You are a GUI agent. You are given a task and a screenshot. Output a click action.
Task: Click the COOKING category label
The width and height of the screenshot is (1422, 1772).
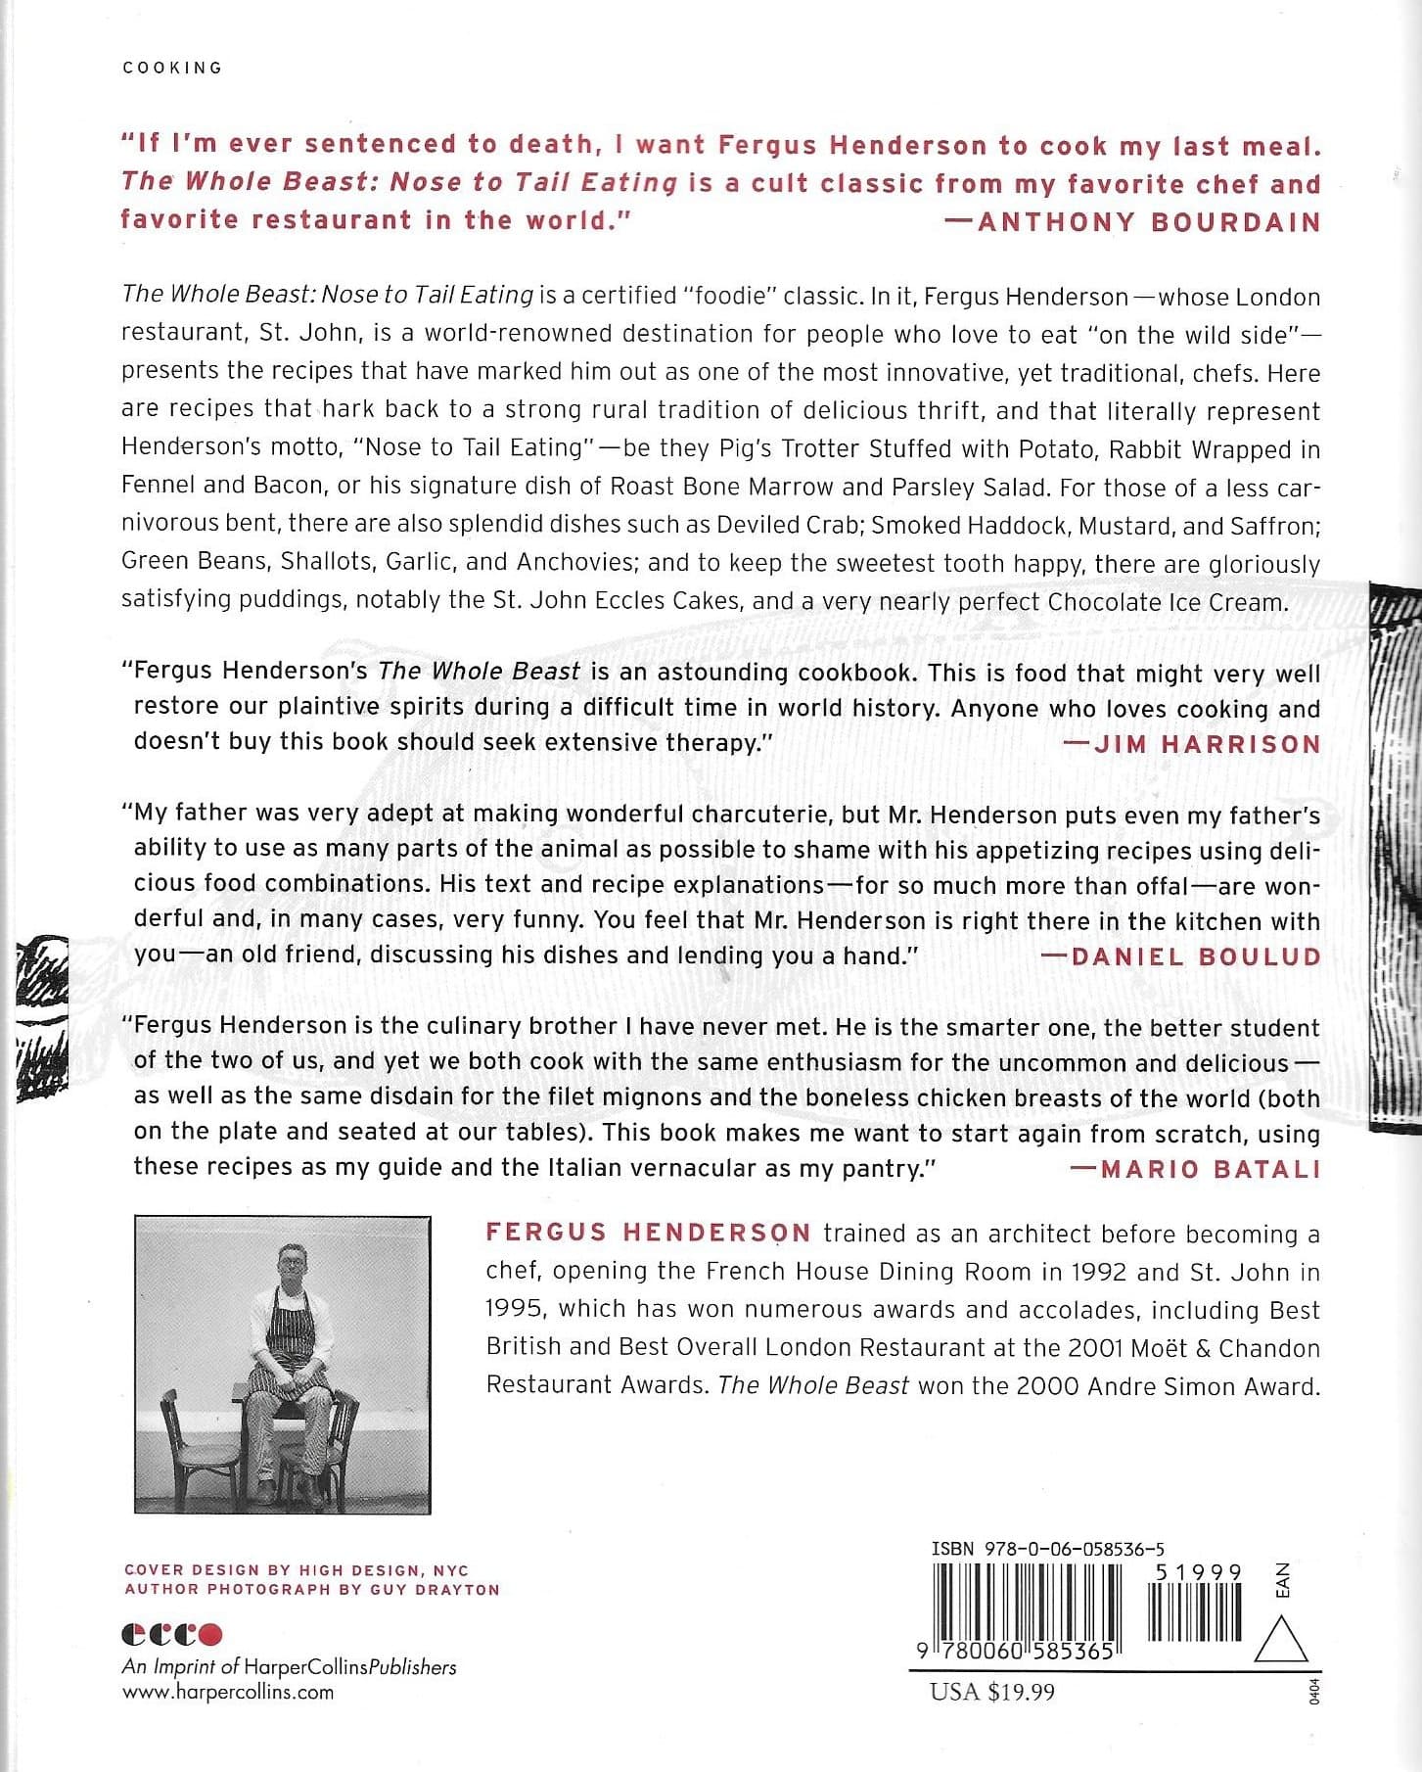coord(172,68)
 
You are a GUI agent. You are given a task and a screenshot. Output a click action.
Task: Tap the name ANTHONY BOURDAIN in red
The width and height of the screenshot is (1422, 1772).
coord(1149,221)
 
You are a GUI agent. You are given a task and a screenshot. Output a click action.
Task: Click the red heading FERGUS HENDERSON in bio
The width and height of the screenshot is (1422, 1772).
coord(648,1233)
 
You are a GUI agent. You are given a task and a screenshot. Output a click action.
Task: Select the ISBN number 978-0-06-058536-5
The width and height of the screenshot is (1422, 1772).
coord(1047,1549)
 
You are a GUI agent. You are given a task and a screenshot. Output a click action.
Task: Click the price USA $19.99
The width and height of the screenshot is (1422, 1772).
coord(992,1692)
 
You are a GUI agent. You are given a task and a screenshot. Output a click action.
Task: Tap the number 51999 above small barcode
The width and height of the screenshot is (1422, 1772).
coord(1198,1572)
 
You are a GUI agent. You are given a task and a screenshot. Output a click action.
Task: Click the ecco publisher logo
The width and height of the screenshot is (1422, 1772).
coord(172,1635)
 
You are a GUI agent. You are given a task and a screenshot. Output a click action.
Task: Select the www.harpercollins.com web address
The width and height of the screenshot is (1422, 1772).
coord(227,1693)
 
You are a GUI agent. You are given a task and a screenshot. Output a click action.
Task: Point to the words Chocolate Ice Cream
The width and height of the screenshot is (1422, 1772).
coord(1167,601)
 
